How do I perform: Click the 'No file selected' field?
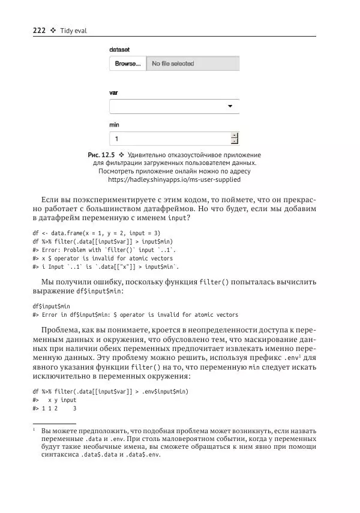192,64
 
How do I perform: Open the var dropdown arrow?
230,107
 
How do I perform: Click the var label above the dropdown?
113,93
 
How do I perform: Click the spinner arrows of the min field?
234,139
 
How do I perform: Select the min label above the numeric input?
114,125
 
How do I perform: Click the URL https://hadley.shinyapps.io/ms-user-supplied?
174,179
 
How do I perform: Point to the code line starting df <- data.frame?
97,232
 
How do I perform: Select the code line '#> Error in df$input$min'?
135,314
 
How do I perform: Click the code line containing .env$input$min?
110,391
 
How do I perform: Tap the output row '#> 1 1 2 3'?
55,408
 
